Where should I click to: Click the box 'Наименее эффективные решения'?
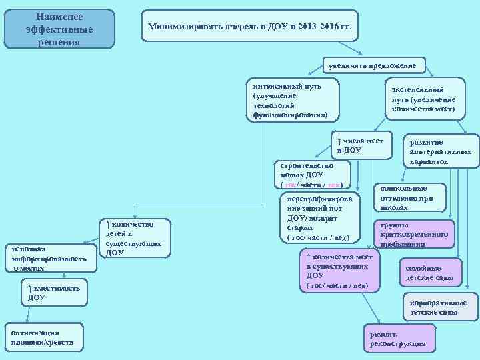tap(59, 29)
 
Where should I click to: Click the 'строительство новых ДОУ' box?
tap(312, 175)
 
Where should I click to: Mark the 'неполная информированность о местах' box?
tap(51, 257)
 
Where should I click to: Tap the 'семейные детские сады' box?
tap(429, 272)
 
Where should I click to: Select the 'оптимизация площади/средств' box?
tap(43, 337)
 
